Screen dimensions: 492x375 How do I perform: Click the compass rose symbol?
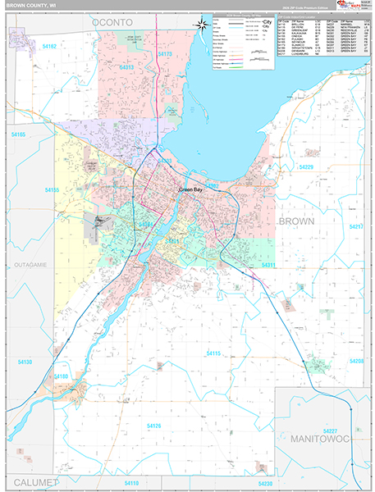pos(202,25)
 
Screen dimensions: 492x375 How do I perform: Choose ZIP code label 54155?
pos(52,189)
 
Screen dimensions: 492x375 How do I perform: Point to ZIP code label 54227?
pos(330,430)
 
